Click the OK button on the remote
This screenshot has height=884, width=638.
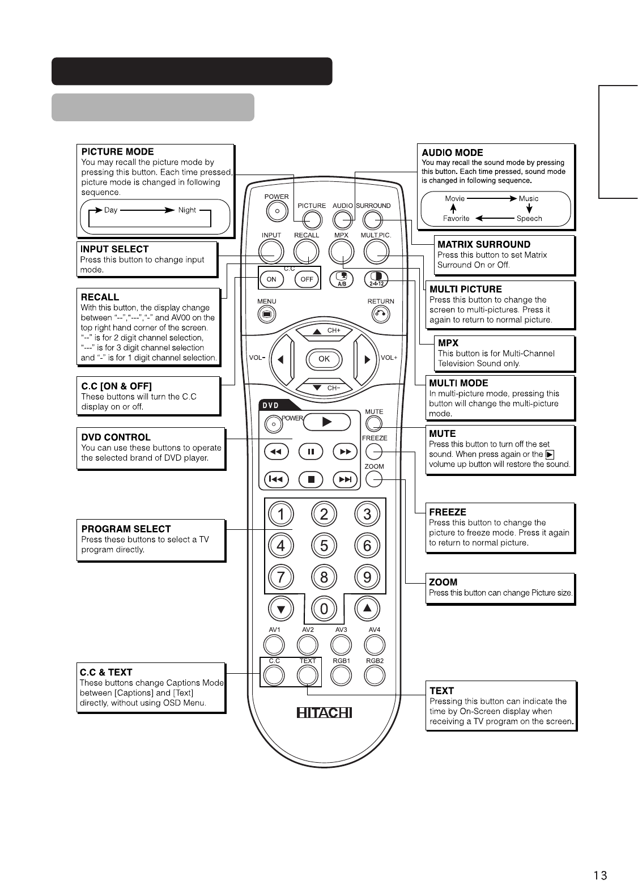(324, 359)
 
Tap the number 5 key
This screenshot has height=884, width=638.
(324, 546)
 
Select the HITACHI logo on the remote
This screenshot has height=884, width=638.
(324, 712)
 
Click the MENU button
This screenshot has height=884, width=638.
(266, 314)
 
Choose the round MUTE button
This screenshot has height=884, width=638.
(374, 423)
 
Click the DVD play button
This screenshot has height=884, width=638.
(327, 422)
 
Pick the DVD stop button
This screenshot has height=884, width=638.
(311, 479)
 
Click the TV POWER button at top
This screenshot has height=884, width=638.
(277, 210)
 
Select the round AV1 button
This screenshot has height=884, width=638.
(274, 644)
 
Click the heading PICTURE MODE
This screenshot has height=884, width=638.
(117, 152)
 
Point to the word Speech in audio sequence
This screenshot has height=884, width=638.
(529, 219)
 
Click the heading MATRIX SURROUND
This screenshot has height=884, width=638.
(484, 245)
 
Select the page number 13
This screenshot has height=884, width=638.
(600, 875)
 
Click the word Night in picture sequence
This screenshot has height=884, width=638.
(187, 210)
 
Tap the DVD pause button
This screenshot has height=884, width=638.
(311, 452)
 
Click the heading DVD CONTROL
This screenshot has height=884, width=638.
(116, 437)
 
